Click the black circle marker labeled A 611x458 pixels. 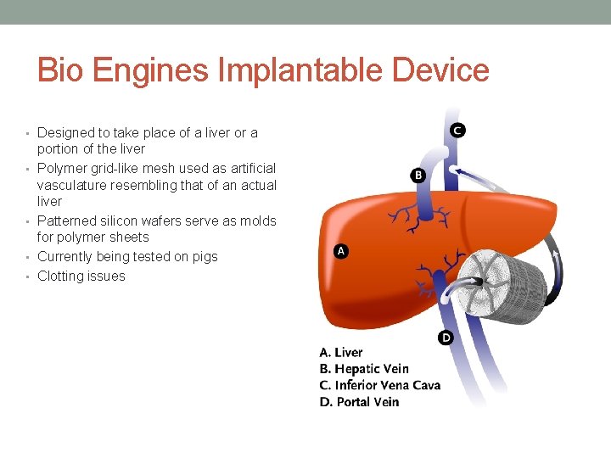(x=340, y=251)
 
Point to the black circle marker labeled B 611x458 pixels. (x=418, y=176)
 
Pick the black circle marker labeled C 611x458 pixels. (x=457, y=130)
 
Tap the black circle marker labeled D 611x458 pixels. (x=446, y=338)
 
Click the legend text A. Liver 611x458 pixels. (x=341, y=353)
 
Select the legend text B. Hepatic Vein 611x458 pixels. (x=364, y=369)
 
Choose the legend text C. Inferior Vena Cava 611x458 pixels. (x=380, y=385)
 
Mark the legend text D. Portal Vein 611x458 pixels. (x=359, y=401)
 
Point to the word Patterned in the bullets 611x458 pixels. (x=65, y=221)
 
